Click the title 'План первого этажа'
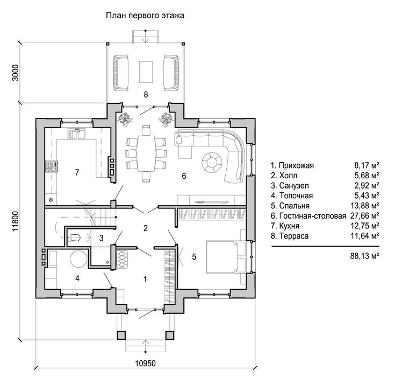point(145,16)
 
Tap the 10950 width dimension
point(145,364)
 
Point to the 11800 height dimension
point(16,221)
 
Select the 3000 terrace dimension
point(16,73)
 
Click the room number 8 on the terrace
point(146,94)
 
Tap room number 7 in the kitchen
point(77,172)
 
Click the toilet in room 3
point(74,238)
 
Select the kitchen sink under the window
point(76,134)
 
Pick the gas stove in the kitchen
point(52,166)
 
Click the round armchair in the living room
point(212,162)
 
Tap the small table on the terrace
point(146,72)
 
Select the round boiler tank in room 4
point(78,259)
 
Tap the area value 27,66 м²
point(364,216)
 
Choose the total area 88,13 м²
point(364,256)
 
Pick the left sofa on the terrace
point(121,73)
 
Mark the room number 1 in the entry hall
point(145,279)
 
